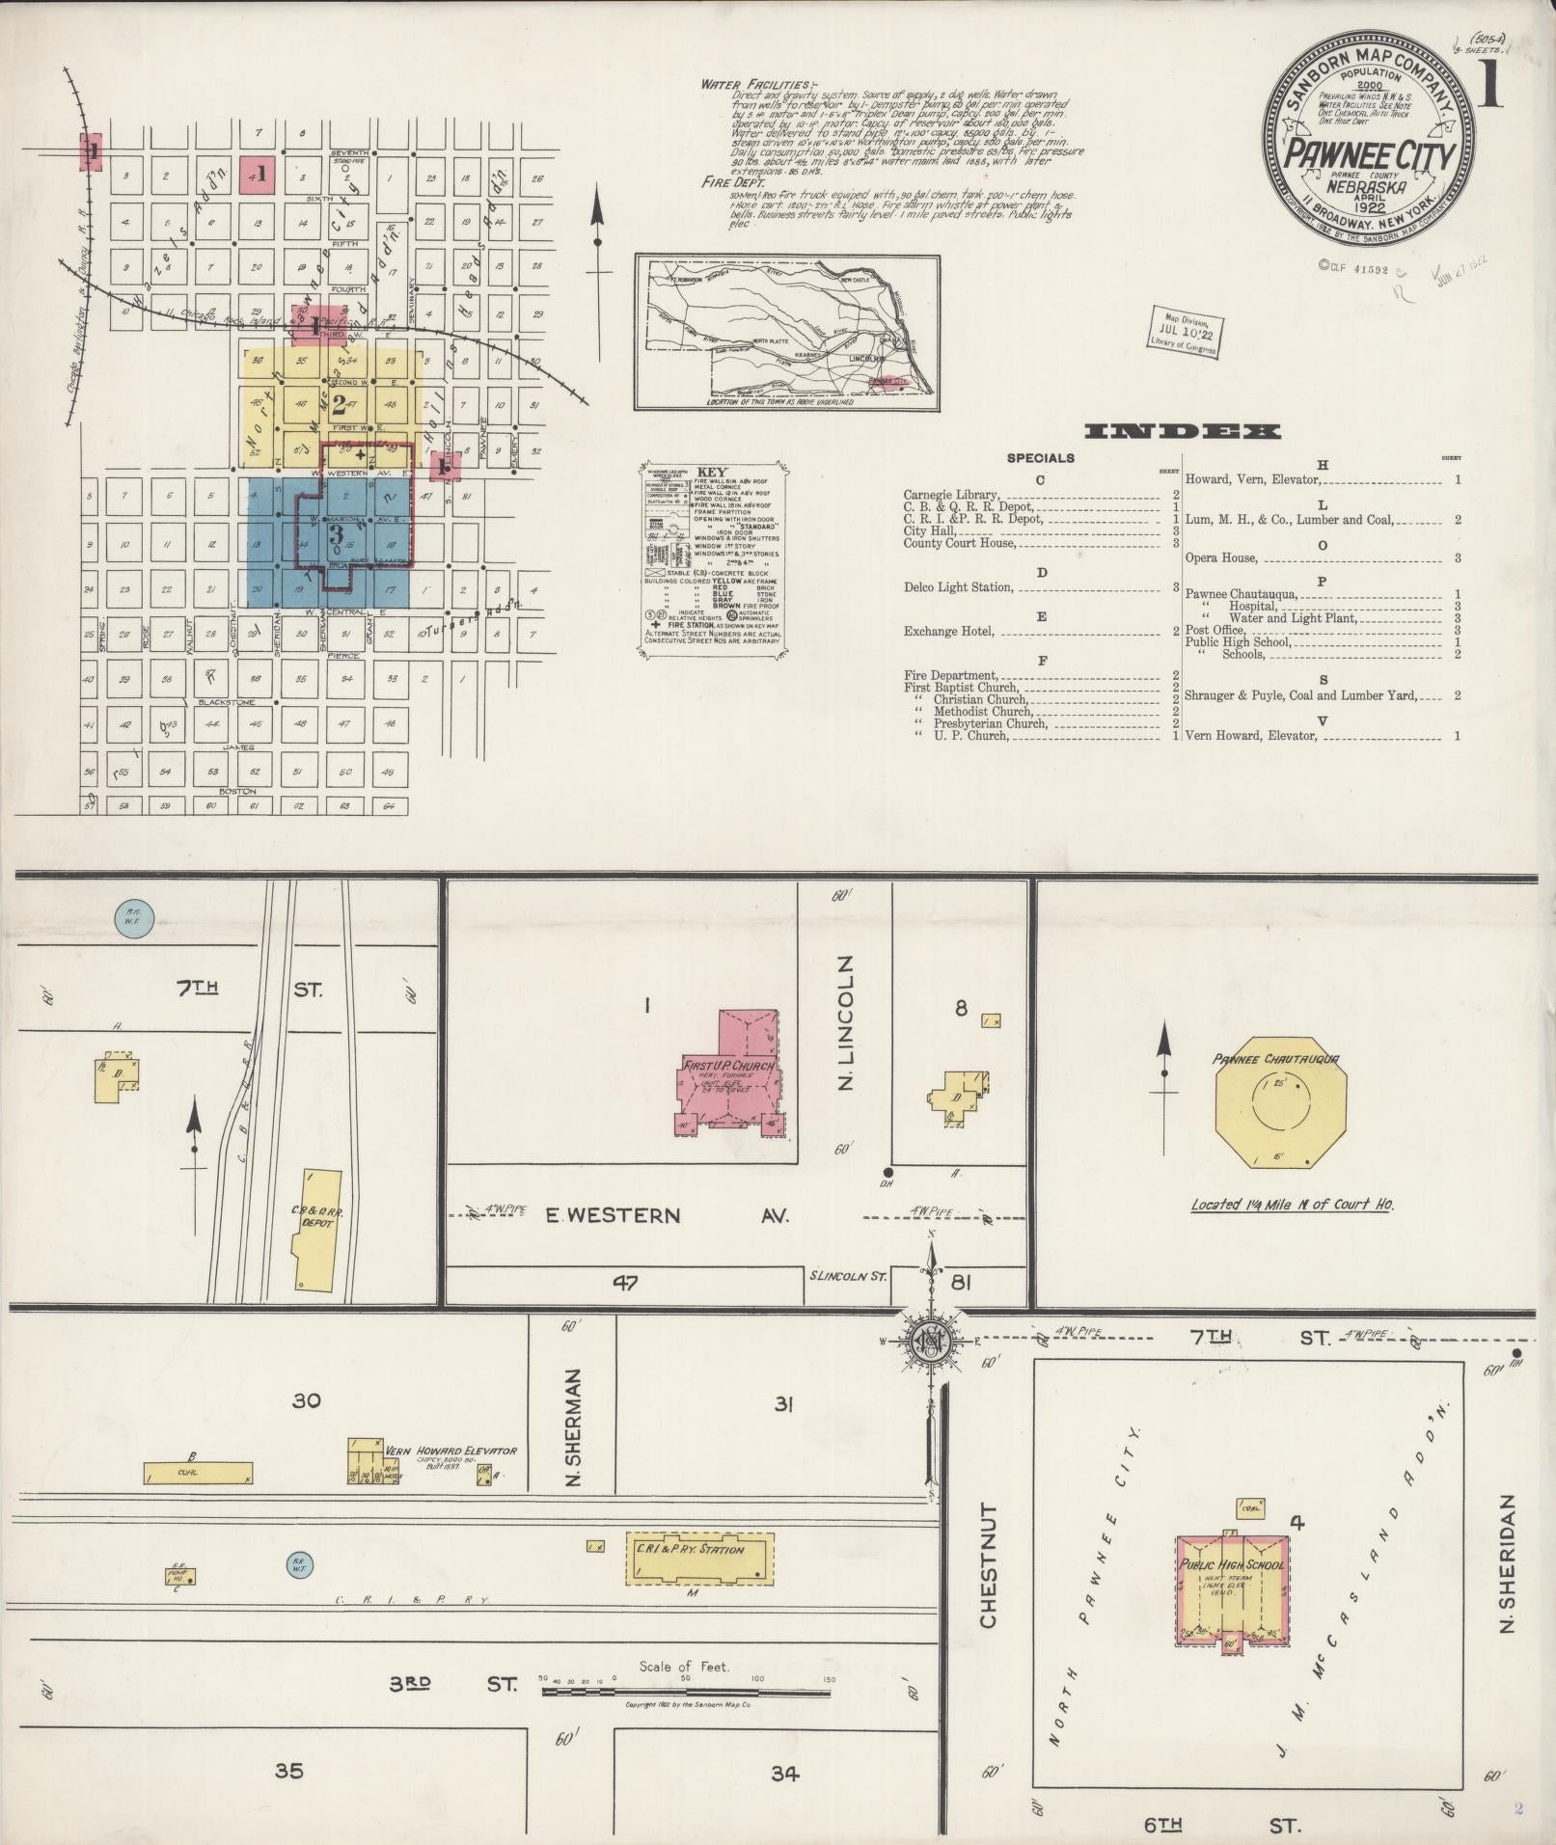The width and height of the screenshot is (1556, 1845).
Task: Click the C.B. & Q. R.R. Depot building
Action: pyautogui.click(x=317, y=1230)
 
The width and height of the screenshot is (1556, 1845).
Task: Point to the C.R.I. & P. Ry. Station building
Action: pyautogui.click(x=700, y=1559)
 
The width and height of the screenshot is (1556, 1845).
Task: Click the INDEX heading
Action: pyautogui.click(x=1184, y=431)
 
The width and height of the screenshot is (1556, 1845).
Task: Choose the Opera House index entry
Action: pyautogui.click(x=1221, y=557)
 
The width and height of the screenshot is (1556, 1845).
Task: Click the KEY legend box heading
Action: pyautogui.click(x=710, y=472)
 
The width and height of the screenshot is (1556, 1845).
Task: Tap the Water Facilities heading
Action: pyautogui.click(x=758, y=85)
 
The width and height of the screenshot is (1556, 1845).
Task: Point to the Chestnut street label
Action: pyautogui.click(x=988, y=1578)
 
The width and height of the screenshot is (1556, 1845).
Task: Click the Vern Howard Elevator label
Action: pyautogui.click(x=450, y=1450)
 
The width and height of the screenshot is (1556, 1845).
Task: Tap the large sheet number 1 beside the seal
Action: pyautogui.click(x=1491, y=89)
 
